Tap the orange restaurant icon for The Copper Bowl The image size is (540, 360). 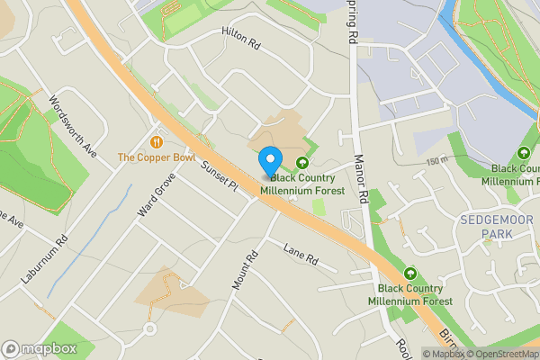(157, 141)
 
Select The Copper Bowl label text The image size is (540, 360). (157, 157)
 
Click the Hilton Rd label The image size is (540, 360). (240, 40)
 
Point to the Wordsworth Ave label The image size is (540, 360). (73, 127)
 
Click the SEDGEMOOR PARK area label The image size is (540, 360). (484, 227)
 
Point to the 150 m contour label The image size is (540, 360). (438, 160)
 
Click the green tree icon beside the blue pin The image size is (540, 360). (302, 162)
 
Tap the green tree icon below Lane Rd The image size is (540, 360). (410, 273)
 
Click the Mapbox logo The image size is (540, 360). (39, 348)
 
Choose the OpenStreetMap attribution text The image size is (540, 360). (501, 354)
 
